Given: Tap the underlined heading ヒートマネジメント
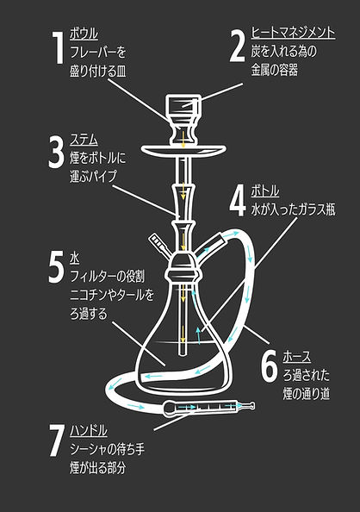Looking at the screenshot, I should tap(293, 33).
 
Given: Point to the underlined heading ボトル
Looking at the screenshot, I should tap(264, 189).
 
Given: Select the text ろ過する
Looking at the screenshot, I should tap(89, 315).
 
